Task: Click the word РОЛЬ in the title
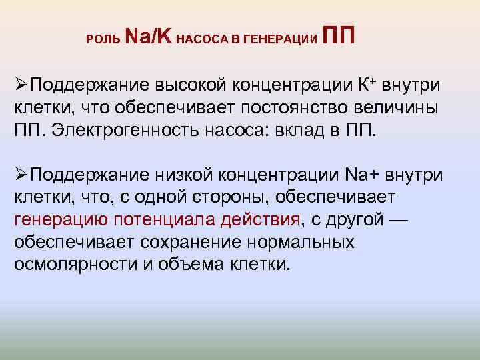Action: tap(103, 39)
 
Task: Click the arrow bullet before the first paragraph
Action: tap(21, 86)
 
